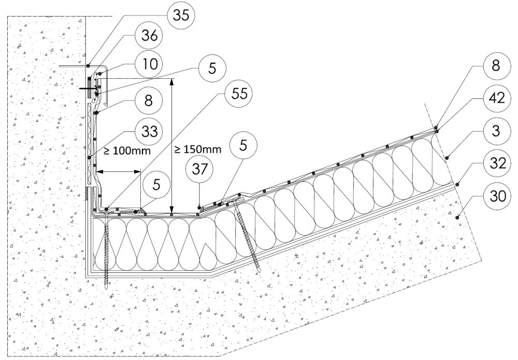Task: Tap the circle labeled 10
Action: point(148,64)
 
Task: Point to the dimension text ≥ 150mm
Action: point(197,149)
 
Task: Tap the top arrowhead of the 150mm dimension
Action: point(172,81)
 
